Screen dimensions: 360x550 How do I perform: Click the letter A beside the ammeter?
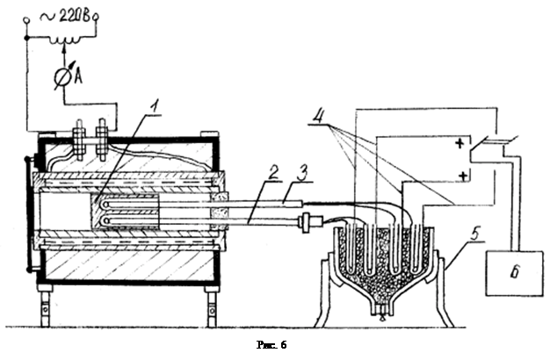tap(79, 77)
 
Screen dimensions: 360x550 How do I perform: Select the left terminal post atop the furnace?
tap(79, 136)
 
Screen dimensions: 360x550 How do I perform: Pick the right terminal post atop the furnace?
tap(103, 136)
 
